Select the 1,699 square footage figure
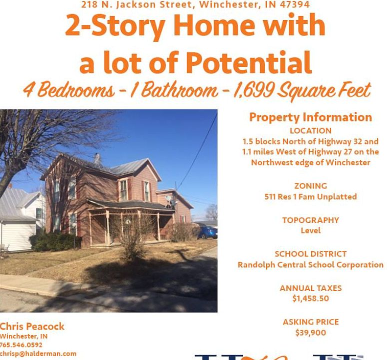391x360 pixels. [x=254, y=89]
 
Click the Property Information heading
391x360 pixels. [x=310, y=117]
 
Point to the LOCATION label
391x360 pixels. [x=310, y=130]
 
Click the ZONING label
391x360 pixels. [x=310, y=185]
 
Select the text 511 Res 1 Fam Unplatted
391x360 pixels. [x=310, y=196]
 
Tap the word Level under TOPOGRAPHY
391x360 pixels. [x=310, y=230]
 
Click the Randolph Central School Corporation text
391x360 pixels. [x=310, y=264]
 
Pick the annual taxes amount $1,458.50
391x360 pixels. [x=310, y=298]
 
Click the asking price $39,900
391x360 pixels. [x=310, y=332]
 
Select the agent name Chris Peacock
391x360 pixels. [x=32, y=326]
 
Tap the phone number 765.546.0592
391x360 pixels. [x=21, y=345]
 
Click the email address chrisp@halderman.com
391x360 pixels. [x=38, y=354]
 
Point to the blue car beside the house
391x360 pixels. [x=207, y=233]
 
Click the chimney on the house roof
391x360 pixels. [x=97, y=160]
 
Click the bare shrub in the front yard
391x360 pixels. [x=133, y=237]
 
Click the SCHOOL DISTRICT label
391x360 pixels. [x=310, y=254]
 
